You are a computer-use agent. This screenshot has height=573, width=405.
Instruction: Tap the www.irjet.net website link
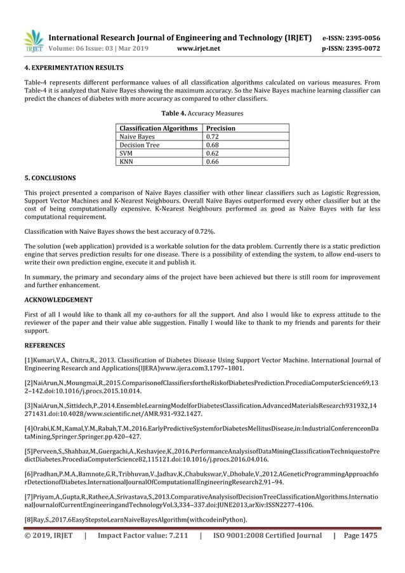tap(199, 48)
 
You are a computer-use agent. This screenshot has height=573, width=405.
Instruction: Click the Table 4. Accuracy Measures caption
tap(202, 114)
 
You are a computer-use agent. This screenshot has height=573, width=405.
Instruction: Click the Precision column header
tap(222, 128)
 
